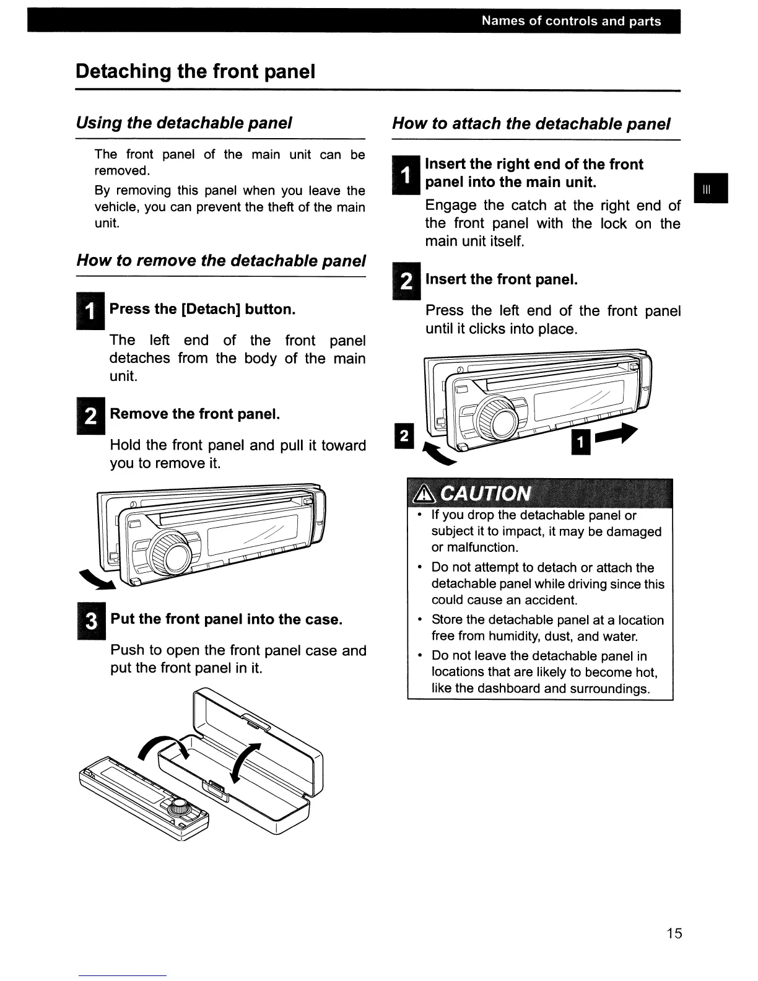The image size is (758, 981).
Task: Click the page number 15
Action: tap(674, 933)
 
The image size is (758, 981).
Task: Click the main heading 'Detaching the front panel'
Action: tap(196, 71)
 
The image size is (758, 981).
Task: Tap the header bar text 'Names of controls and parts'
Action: tap(571, 21)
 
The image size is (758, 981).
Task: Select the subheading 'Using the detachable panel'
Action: tap(184, 123)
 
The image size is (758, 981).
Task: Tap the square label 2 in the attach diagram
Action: tap(403, 437)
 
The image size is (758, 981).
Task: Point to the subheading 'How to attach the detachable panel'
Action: tap(531, 123)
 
